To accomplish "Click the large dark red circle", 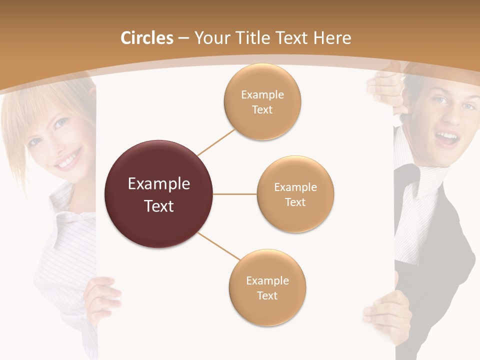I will click(x=158, y=194).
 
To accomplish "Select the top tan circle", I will click(x=262, y=101).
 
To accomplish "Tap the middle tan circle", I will click(x=295, y=194).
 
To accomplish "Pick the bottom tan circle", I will click(x=267, y=287).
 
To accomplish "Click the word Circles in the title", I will click(x=146, y=38).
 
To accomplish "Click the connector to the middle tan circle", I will click(x=235, y=194).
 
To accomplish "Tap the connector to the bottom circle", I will click(x=219, y=246).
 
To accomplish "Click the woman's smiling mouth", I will click(x=67, y=160).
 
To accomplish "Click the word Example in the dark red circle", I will click(x=158, y=184).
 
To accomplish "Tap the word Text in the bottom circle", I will click(x=267, y=295).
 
